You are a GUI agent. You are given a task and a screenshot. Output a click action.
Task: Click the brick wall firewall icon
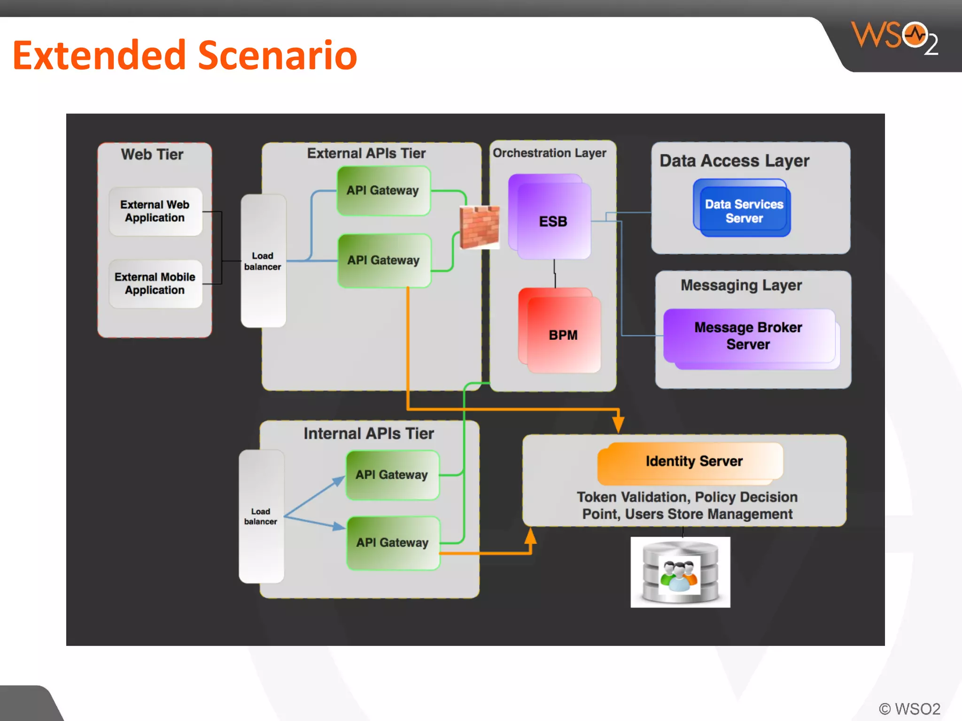coord(480,228)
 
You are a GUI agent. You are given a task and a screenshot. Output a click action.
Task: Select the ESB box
coord(553,221)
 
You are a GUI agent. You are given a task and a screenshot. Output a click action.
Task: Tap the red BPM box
coord(562,335)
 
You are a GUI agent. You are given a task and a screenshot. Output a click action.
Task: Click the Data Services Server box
coord(744,211)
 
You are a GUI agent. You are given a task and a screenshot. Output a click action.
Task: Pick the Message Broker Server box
coord(749,336)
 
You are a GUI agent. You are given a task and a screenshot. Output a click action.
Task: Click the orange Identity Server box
coord(693,461)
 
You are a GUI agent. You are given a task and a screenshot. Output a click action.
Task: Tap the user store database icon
coord(680,572)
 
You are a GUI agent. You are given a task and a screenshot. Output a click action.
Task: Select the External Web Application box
coord(155,211)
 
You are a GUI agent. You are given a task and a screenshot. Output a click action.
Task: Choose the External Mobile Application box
coord(155,284)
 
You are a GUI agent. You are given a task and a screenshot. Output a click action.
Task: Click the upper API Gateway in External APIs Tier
coord(383,191)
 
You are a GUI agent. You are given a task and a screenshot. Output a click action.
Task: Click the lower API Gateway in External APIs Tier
coord(384,260)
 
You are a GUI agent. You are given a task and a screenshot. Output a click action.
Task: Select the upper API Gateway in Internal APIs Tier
coord(392,475)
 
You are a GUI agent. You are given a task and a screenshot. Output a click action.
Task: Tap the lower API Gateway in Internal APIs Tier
coord(393,543)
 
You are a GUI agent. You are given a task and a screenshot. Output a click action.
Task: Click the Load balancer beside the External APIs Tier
coord(263,261)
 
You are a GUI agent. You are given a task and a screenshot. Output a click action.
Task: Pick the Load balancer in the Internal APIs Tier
coord(261,516)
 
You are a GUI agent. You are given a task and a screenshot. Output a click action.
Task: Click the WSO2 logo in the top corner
coord(894,38)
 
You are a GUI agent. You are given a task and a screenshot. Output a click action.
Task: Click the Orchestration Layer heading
coord(549,153)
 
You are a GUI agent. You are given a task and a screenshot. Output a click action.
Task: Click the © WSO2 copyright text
coord(909,709)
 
